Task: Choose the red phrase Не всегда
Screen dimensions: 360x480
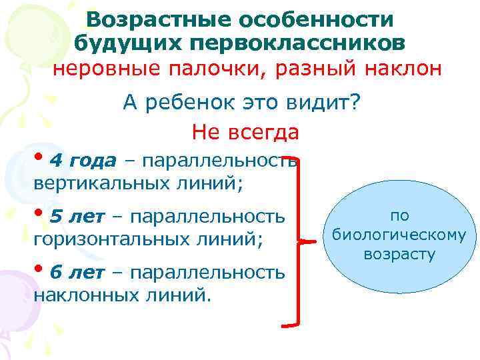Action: click(x=245, y=132)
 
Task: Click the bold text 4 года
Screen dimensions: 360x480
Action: click(x=83, y=161)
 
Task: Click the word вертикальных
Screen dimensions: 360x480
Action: click(x=100, y=182)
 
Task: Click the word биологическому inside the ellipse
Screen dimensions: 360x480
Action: click(x=399, y=235)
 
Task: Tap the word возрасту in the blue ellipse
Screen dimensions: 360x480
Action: click(x=399, y=254)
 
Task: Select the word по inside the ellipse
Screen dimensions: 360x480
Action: click(x=399, y=215)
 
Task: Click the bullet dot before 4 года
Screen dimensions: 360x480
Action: click(x=39, y=159)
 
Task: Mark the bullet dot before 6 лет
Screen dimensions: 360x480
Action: click(x=39, y=271)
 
